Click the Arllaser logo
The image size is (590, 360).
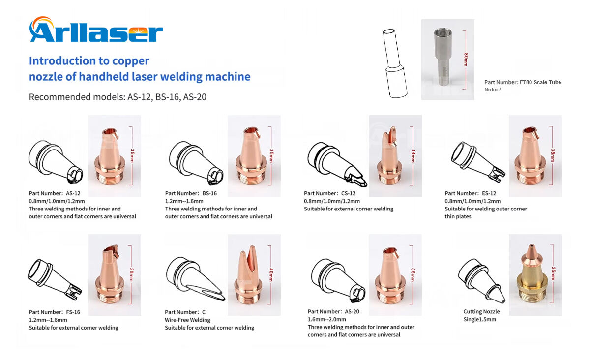96,30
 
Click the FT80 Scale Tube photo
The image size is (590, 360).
447,59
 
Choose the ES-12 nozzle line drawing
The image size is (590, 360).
476,159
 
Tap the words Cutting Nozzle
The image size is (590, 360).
481,311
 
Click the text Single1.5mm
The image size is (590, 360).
479,319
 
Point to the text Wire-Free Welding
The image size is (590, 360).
187,320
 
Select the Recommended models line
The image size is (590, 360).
118,97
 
